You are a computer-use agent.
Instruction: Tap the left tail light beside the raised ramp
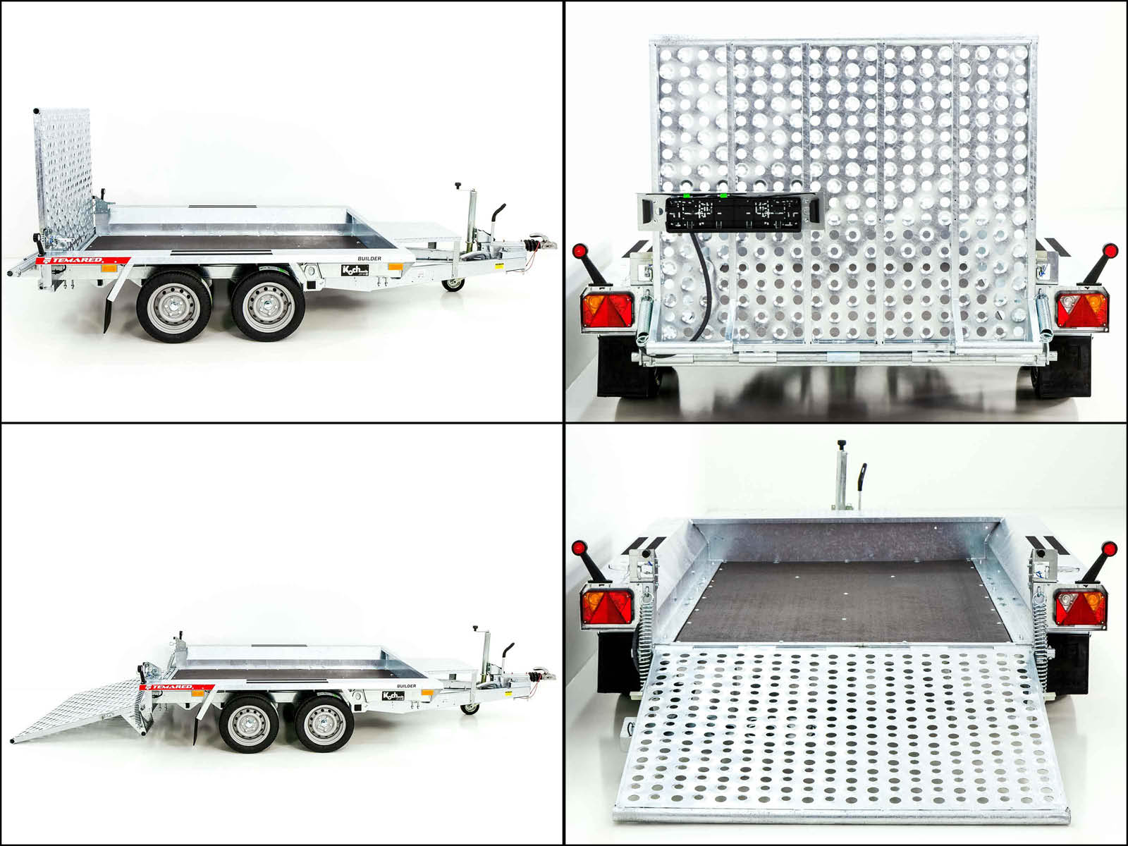tap(606, 310)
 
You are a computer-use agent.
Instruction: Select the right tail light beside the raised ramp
tap(1082, 310)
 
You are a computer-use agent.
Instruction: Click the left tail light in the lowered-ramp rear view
tap(606, 608)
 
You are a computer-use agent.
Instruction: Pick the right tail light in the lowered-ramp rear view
tap(1081, 608)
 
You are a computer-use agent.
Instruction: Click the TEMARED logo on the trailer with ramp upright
tap(78, 260)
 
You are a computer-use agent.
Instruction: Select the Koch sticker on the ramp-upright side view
tap(355, 271)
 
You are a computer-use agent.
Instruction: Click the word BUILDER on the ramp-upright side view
tap(369, 259)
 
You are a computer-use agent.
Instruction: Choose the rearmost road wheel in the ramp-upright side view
tap(171, 307)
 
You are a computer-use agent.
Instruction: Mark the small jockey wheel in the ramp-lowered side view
tap(469, 708)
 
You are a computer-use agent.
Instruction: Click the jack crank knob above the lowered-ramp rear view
tap(841, 444)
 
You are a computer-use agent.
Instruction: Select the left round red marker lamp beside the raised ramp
tap(580, 252)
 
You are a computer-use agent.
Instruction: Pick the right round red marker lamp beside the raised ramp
tap(1110, 251)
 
